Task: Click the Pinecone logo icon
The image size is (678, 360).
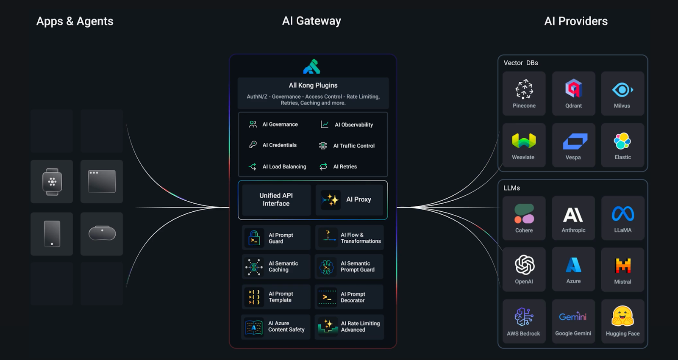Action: coord(524,89)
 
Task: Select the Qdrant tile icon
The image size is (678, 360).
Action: coord(573,88)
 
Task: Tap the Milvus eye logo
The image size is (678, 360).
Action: coord(622,90)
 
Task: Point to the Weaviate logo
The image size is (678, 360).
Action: coord(524,141)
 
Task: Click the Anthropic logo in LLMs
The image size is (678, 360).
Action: coord(573,215)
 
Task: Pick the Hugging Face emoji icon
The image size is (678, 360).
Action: coord(622,316)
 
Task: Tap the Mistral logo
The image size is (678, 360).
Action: coord(623,265)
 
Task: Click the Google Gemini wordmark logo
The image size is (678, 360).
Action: coord(572,316)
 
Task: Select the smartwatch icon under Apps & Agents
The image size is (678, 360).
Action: coord(52,182)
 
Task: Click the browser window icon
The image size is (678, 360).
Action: coord(102,181)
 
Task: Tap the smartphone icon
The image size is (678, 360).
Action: coord(52,234)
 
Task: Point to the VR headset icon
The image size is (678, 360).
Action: coord(102,233)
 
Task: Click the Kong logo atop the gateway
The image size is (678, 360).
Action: coord(312,66)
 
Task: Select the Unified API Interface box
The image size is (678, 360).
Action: coord(276,199)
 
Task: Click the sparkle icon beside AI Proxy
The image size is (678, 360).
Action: coord(331,200)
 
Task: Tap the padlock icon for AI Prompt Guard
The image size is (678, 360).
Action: coord(254,238)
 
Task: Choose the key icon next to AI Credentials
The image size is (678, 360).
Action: coord(253,144)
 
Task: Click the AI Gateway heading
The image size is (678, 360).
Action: coord(311,21)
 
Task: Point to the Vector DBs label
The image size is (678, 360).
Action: coord(521,63)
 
